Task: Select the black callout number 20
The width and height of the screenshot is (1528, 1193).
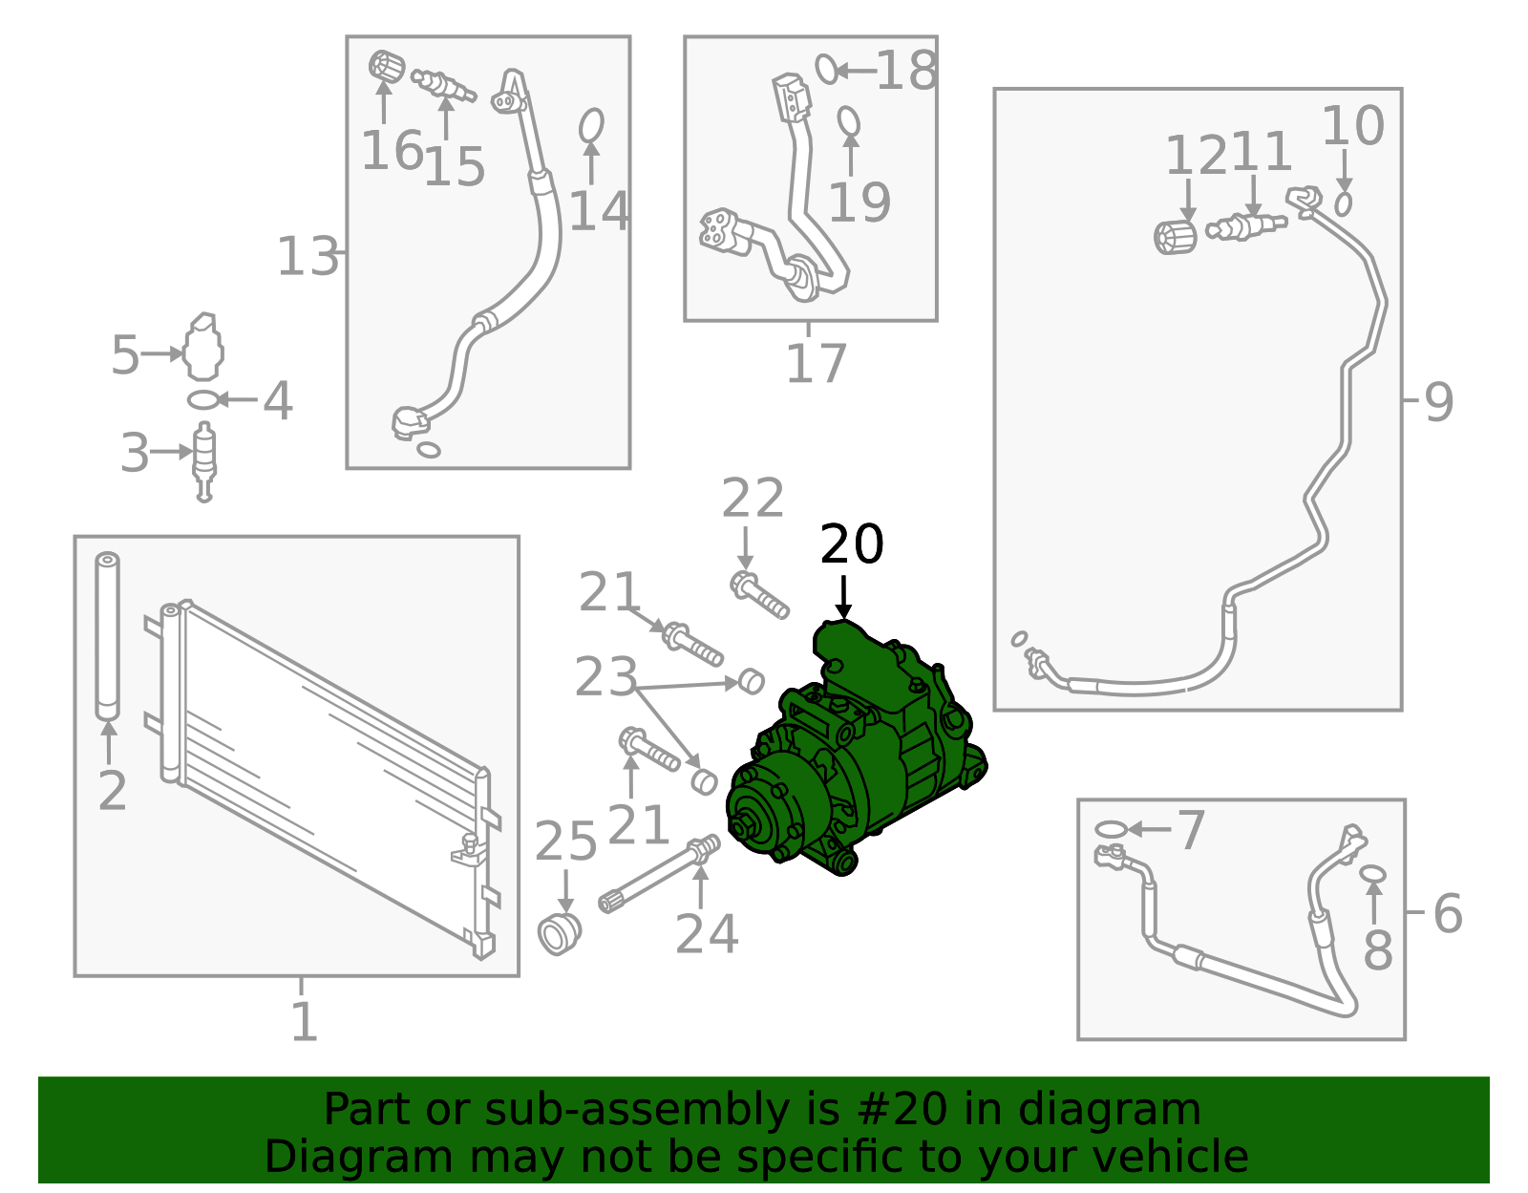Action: (x=852, y=544)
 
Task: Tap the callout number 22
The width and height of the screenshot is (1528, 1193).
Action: (x=753, y=498)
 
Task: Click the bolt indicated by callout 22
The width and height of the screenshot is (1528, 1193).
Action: (x=759, y=595)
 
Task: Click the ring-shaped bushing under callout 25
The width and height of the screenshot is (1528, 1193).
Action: (x=560, y=933)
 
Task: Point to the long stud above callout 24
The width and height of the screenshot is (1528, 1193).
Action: (x=660, y=873)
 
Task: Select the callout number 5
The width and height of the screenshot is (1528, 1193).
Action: (x=125, y=354)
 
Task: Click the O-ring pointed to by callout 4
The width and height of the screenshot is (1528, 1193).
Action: (x=202, y=400)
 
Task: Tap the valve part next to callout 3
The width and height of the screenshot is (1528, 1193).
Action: (x=204, y=462)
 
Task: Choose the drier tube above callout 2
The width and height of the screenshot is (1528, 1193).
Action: (x=108, y=636)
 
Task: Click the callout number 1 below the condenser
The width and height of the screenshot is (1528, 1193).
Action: (x=305, y=1022)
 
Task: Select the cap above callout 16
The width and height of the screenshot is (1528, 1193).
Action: (x=387, y=67)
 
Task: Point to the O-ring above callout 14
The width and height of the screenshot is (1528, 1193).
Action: (x=591, y=125)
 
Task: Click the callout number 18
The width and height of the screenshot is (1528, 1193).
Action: (x=906, y=71)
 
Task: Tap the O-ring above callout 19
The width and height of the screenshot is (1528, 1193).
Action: (x=849, y=121)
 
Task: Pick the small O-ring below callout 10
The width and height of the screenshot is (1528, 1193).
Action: (x=1343, y=203)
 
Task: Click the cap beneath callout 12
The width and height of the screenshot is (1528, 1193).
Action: (x=1175, y=237)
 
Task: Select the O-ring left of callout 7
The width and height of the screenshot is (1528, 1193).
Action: (x=1111, y=829)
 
